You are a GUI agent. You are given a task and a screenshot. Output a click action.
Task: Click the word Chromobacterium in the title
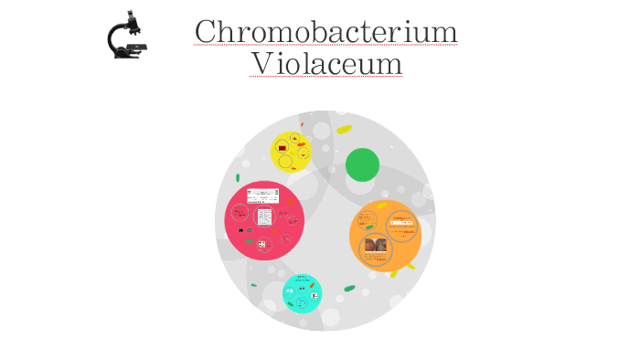pyautogui.click(x=325, y=32)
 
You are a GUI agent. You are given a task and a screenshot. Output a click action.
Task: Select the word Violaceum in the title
pyautogui.click(x=325, y=64)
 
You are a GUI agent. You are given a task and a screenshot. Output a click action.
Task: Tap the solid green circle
pyautogui.click(x=362, y=164)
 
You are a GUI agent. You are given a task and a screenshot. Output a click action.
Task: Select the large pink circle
pyautogui.click(x=264, y=220)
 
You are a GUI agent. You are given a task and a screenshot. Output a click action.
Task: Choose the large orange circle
pyautogui.click(x=385, y=235)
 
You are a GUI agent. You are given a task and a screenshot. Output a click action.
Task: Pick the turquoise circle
pyautogui.click(x=302, y=293)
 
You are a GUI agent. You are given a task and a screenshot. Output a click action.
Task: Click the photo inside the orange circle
pyautogui.click(x=375, y=245)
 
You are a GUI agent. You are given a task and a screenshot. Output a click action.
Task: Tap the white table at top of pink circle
pyautogui.click(x=262, y=195)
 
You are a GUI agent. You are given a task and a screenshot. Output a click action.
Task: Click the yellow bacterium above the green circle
pyautogui.click(x=344, y=130)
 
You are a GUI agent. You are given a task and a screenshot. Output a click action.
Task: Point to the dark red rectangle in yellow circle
pyautogui.click(x=283, y=147)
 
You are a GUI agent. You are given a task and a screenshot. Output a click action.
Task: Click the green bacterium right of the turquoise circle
pyautogui.click(x=349, y=289)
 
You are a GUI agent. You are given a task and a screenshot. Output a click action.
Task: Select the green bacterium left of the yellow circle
pyautogui.click(x=238, y=177)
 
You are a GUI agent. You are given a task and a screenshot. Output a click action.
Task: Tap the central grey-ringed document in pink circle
pyautogui.click(x=264, y=217)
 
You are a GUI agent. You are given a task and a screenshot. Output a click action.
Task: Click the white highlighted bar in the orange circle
pyautogui.click(x=400, y=221)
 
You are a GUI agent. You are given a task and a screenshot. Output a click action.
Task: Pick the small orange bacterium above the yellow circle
pyautogui.click(x=302, y=124)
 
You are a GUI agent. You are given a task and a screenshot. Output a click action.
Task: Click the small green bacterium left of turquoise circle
pyautogui.click(x=254, y=285)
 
